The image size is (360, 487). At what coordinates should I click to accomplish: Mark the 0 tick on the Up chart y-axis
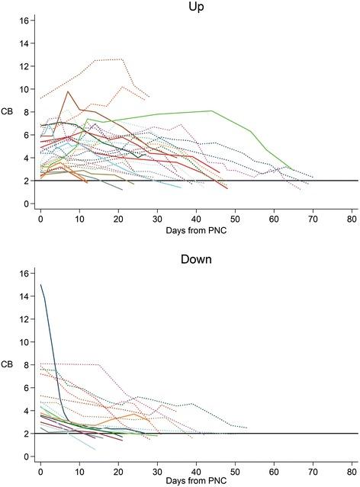tap(27, 204)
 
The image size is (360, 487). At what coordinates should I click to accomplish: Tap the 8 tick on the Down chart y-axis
tap(27, 364)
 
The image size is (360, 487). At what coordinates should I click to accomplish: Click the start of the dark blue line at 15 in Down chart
tap(40, 285)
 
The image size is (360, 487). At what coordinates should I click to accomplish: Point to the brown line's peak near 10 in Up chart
tap(68, 91)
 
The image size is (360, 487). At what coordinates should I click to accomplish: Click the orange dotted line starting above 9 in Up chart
tap(42, 98)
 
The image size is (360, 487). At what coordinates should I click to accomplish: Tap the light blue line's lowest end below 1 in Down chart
tap(95, 450)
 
